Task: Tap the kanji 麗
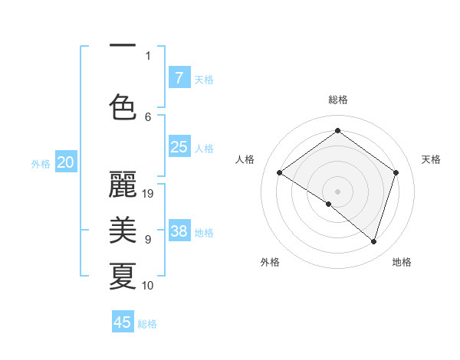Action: point(123,184)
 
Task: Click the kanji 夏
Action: point(123,276)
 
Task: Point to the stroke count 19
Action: point(149,194)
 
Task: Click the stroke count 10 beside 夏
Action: point(148,286)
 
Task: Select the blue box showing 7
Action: point(179,77)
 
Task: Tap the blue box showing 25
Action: point(179,147)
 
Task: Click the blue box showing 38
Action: point(179,231)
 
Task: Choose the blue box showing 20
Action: point(66,162)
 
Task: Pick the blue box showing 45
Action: point(123,322)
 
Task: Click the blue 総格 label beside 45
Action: point(147,324)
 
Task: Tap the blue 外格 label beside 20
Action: point(41,163)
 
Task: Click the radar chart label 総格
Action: point(337,100)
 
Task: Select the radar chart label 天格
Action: point(432,159)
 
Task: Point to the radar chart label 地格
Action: point(402,262)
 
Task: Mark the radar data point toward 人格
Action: point(279,173)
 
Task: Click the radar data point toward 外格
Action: point(329,204)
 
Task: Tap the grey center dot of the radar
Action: point(337,191)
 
